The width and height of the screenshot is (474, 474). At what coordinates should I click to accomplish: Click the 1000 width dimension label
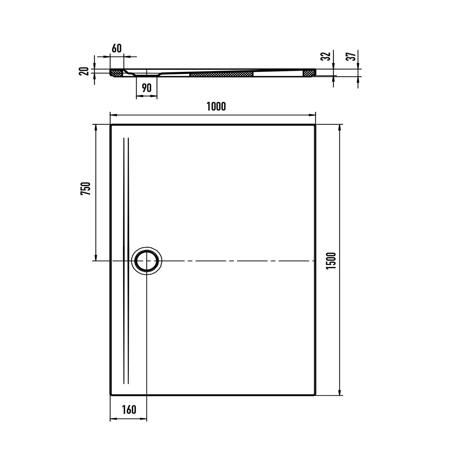pos(216,106)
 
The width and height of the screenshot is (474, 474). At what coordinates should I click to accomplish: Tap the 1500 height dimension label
pos(331,261)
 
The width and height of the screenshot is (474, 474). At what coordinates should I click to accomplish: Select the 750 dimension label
pos(86,189)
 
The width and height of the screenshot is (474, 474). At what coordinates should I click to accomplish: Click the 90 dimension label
pos(147,88)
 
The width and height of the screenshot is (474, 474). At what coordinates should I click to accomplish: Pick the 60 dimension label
pos(117,49)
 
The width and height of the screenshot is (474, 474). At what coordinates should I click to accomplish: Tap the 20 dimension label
pos(84,71)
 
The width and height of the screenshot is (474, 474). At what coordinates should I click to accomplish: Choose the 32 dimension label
pos(325,56)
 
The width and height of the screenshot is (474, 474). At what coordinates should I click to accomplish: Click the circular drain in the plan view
pos(147,261)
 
